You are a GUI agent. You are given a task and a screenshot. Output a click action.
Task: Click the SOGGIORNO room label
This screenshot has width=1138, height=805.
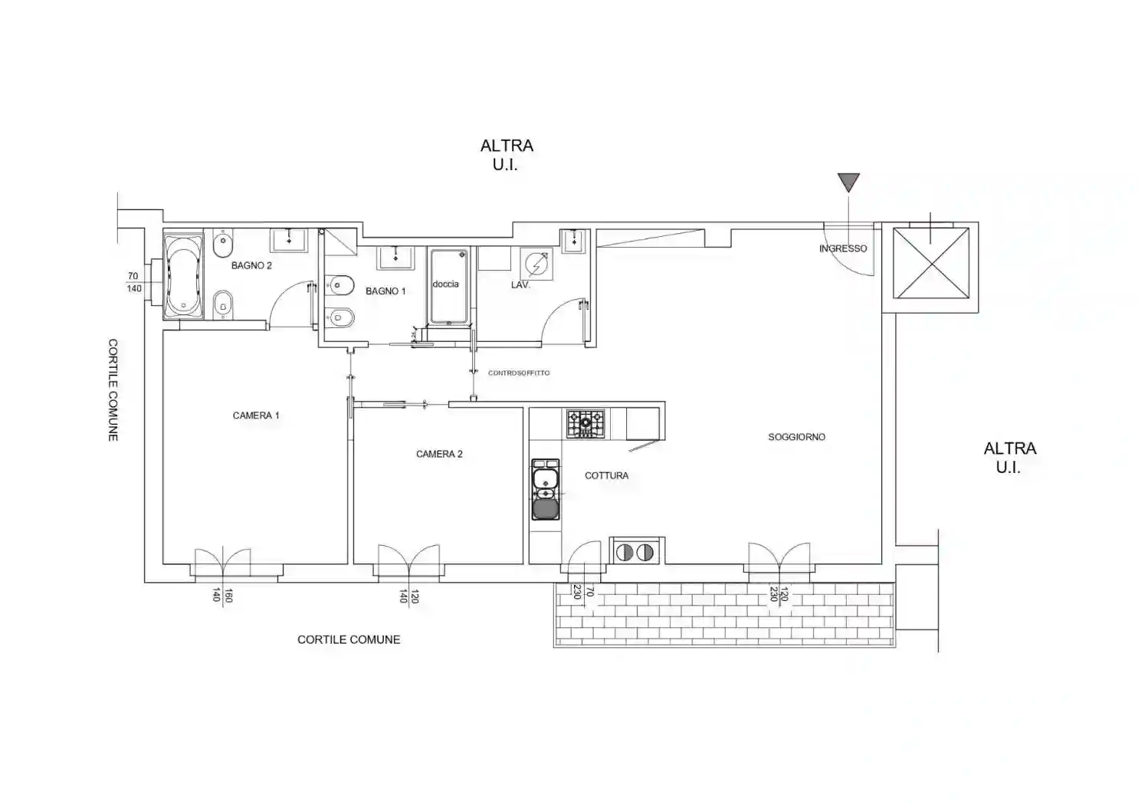click(x=797, y=437)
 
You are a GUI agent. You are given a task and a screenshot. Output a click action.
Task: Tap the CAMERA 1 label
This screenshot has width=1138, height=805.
click(x=256, y=416)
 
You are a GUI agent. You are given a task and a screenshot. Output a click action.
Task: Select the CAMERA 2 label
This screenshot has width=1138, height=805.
click(x=439, y=455)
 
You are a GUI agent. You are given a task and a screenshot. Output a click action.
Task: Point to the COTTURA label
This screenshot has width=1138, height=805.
click(x=607, y=475)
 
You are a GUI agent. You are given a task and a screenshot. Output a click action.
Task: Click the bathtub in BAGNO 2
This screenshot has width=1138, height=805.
click(x=183, y=275)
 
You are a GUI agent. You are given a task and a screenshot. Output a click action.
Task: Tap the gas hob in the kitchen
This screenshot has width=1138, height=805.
click(x=585, y=423)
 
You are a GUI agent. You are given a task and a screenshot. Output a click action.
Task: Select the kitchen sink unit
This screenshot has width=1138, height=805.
click(x=545, y=489)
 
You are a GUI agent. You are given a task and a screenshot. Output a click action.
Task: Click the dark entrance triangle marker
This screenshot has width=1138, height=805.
click(x=848, y=182)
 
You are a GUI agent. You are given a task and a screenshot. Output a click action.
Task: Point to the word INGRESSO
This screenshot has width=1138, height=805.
click(x=843, y=248)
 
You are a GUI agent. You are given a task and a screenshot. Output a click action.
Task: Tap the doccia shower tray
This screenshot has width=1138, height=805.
click(x=448, y=287)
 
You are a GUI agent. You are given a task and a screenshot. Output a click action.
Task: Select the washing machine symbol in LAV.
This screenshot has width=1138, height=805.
click(x=536, y=264)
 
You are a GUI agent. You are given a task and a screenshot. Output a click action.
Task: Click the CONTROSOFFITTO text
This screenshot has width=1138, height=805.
click(x=519, y=373)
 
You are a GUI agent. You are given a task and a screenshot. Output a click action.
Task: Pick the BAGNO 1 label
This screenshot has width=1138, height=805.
click(x=385, y=291)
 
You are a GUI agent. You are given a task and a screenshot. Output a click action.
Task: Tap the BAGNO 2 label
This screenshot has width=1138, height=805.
click(x=251, y=265)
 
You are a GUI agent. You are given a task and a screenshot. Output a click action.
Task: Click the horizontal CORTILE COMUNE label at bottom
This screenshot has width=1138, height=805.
click(x=349, y=640)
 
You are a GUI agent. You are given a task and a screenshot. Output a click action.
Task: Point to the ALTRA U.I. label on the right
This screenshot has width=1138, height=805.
click(x=1009, y=458)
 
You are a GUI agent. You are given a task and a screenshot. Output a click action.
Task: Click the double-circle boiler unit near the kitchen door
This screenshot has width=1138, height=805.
click(x=635, y=552)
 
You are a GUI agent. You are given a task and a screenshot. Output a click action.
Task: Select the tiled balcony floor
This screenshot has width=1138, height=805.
click(x=724, y=614)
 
